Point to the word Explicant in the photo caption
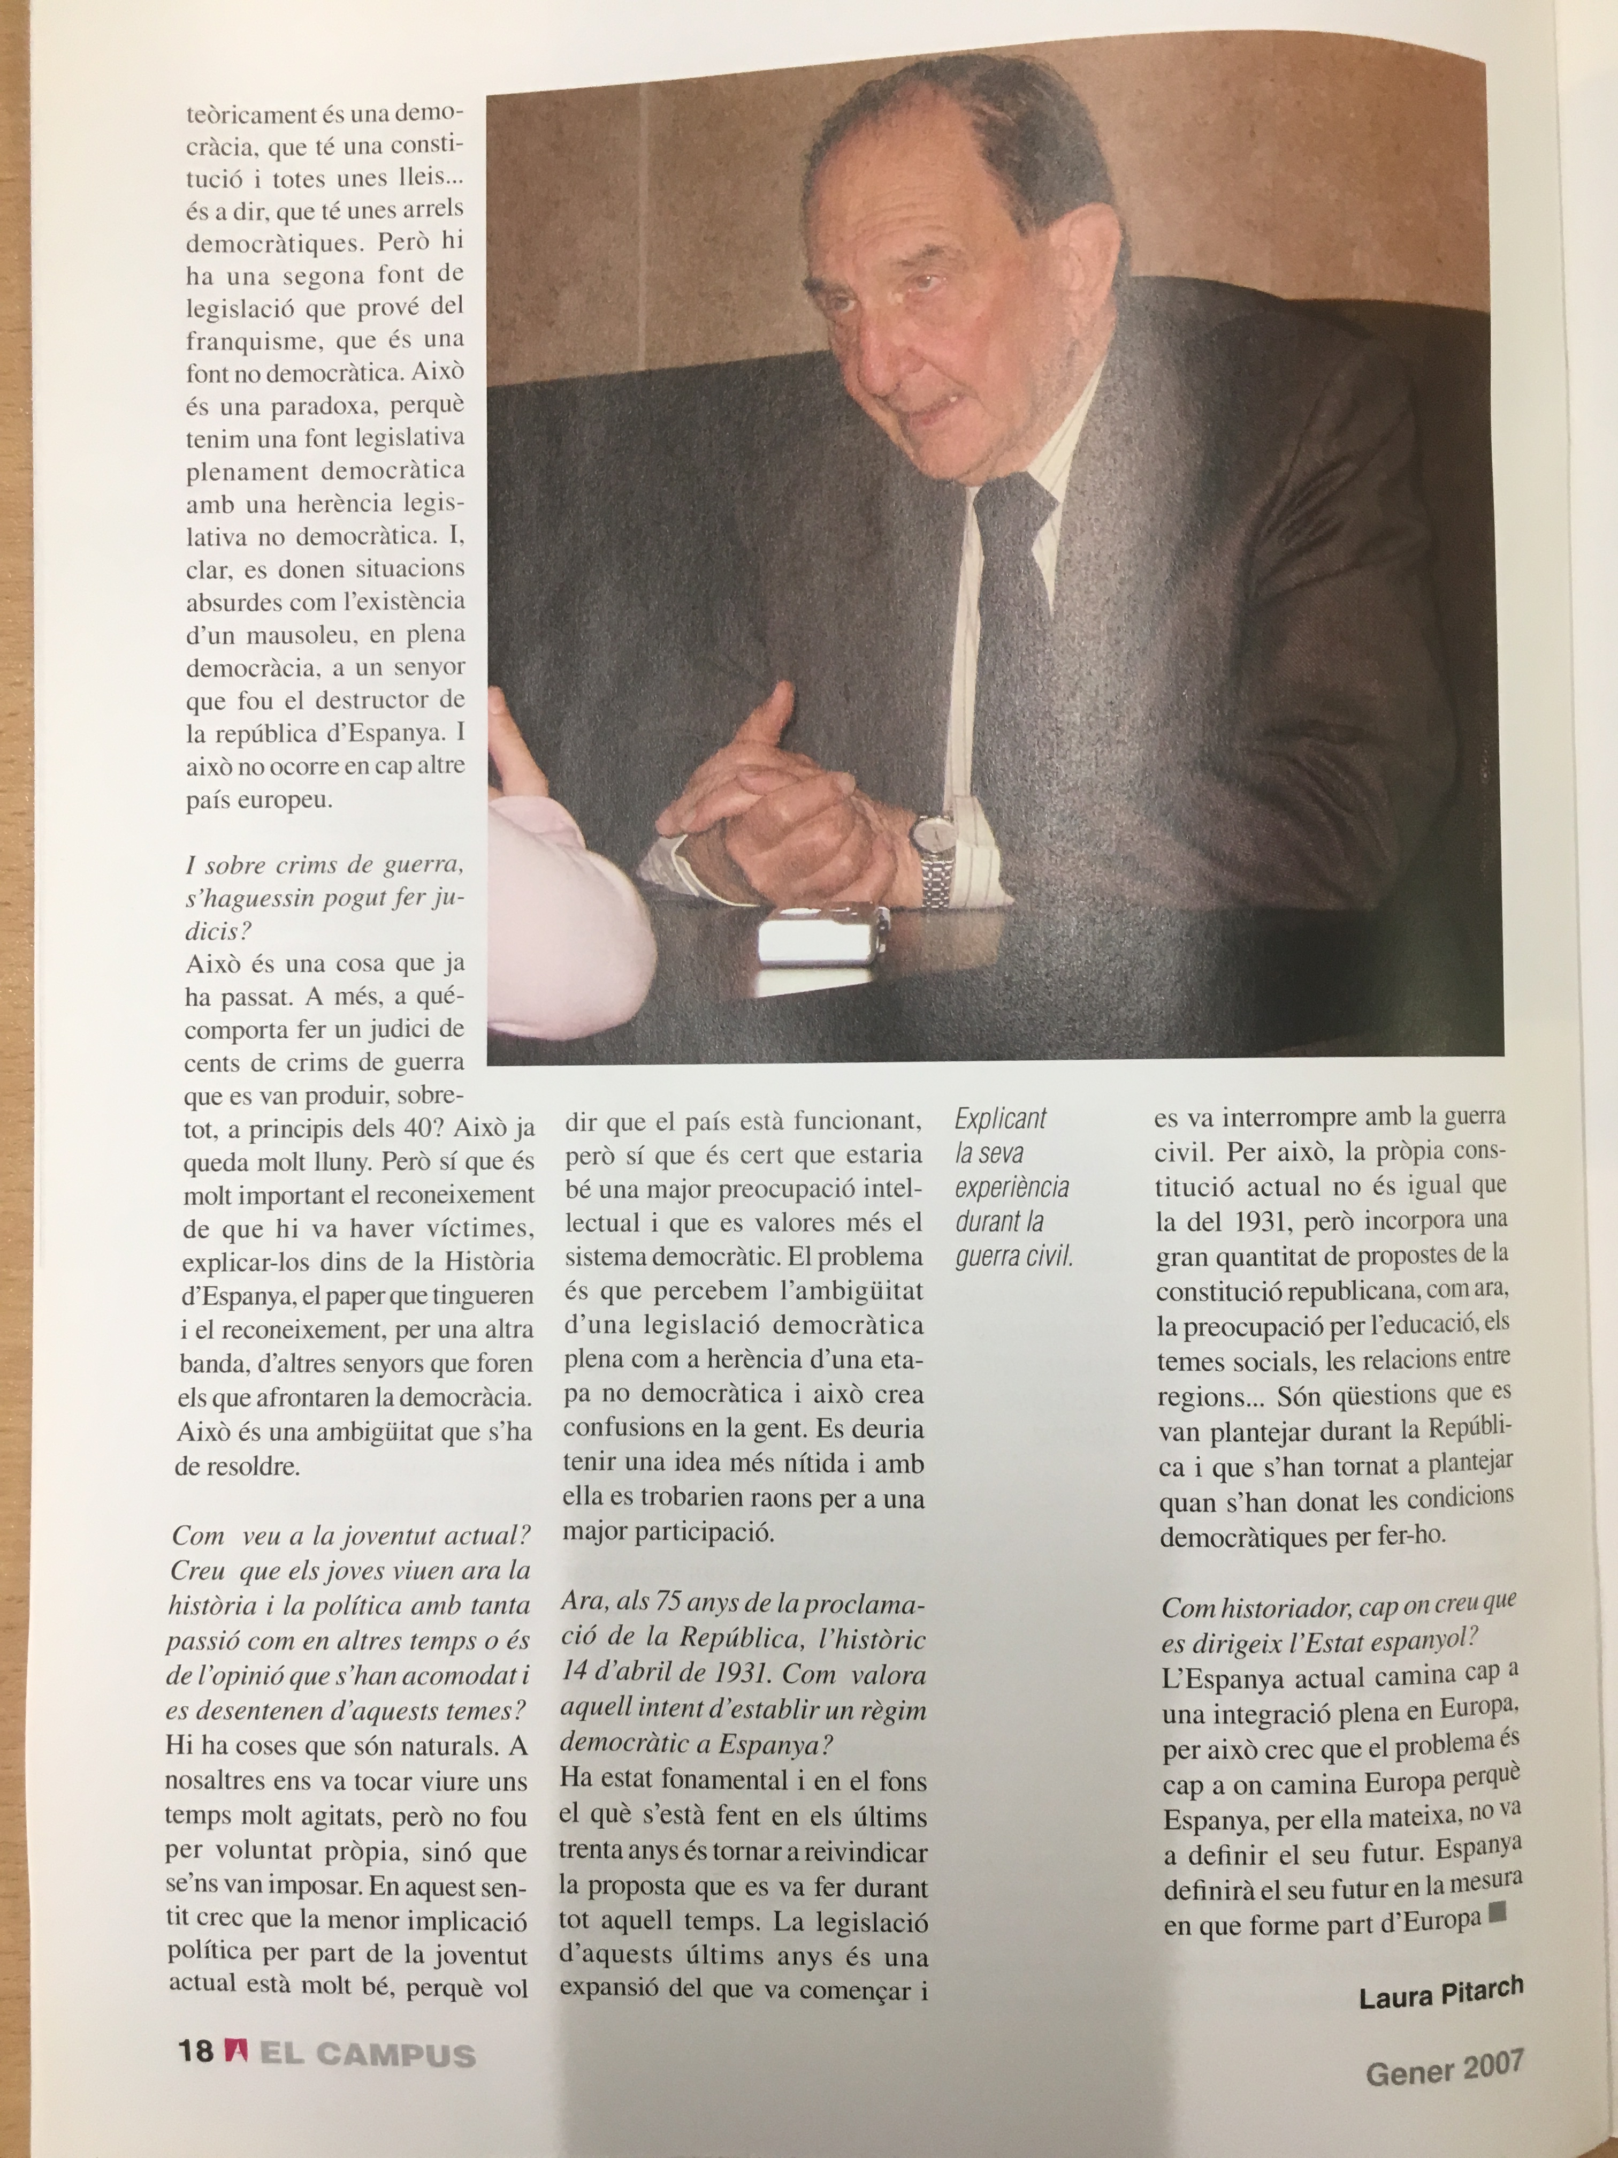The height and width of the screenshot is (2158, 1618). point(999,1119)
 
